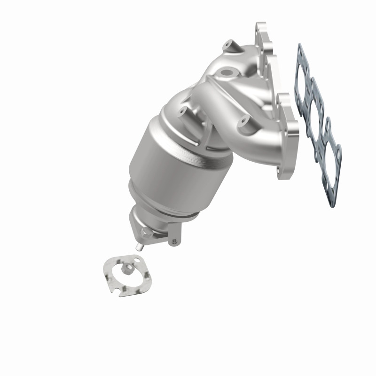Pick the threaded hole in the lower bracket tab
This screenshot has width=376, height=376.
click(174, 241)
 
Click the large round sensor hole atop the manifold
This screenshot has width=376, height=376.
click(228, 73)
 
